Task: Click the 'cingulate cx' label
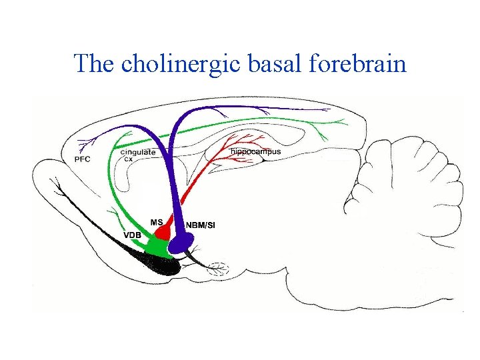[x=137, y=155]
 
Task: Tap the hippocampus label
[x=255, y=151]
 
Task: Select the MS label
[x=157, y=221]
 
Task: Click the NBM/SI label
[x=200, y=225]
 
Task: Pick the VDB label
[x=132, y=235]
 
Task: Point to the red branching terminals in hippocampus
[x=233, y=143]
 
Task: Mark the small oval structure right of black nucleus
[x=218, y=269]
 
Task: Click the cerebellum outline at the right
[x=400, y=187]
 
